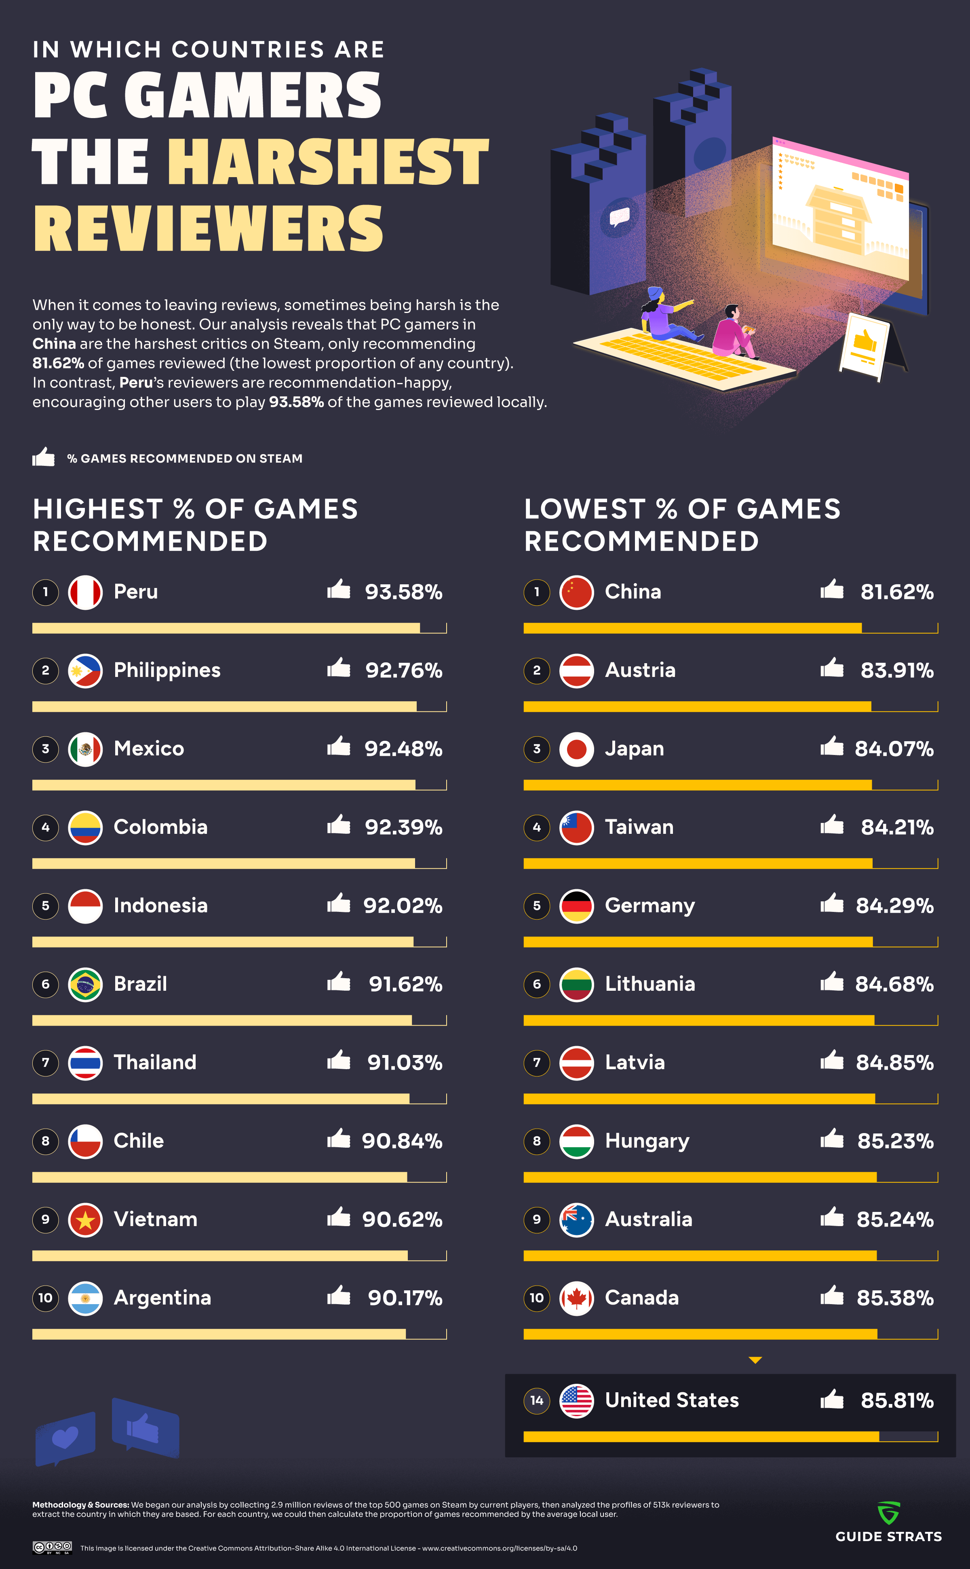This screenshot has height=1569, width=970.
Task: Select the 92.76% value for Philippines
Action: pos(403,670)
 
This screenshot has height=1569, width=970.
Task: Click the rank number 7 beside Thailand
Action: pos(46,1063)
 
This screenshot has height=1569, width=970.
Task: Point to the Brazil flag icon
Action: pos(85,984)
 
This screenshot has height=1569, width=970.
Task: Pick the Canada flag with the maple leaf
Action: pos(576,1298)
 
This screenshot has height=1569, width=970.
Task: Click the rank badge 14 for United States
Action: pos(537,1400)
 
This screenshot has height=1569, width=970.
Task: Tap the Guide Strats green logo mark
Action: pos(888,1512)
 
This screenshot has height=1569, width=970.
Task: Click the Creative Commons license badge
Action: pos(52,1548)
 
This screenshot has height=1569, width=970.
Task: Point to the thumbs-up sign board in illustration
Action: pos(865,344)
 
